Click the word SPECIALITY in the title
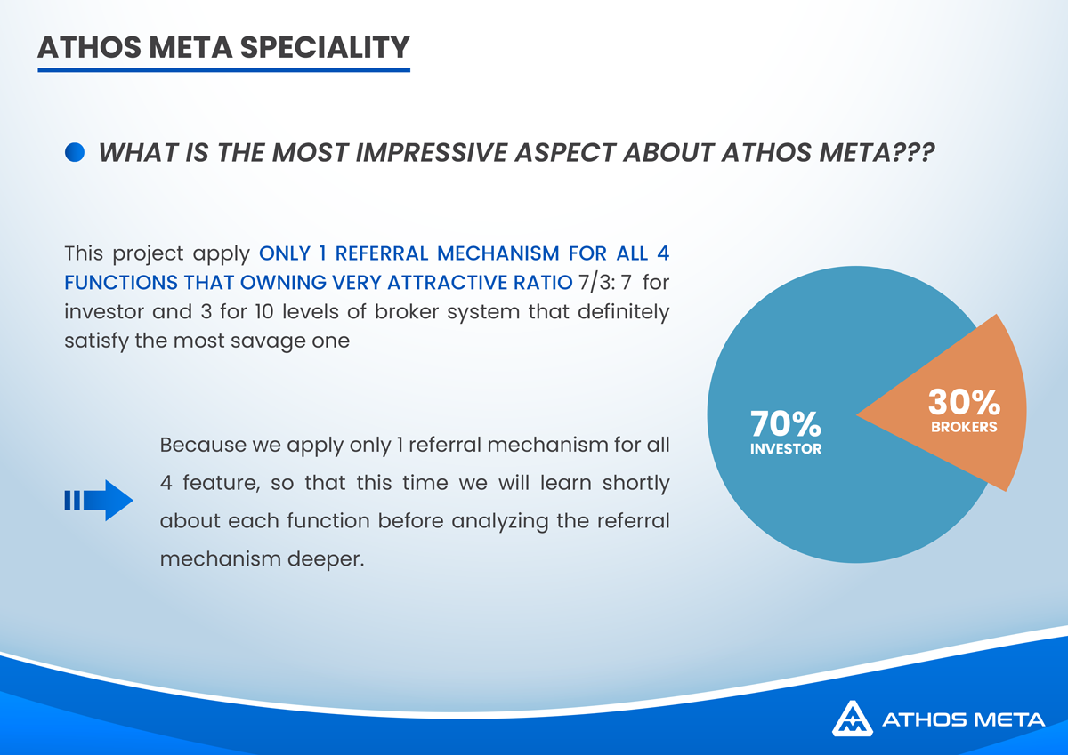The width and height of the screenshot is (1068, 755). click(x=325, y=48)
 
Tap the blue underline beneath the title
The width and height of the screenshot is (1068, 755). click(x=223, y=70)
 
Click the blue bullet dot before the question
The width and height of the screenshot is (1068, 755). click(x=75, y=152)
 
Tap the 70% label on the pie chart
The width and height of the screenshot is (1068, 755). click(x=785, y=423)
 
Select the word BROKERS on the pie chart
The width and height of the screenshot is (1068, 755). click(x=964, y=427)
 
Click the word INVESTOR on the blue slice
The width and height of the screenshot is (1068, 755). click(x=786, y=449)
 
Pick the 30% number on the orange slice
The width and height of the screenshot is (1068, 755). click(x=964, y=402)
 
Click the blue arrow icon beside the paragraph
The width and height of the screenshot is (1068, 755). click(x=99, y=500)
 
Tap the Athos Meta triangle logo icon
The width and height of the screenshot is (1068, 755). click(x=853, y=719)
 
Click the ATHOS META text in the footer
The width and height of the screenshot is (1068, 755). click(x=963, y=719)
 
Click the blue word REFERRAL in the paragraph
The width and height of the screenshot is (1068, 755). click(x=382, y=253)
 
